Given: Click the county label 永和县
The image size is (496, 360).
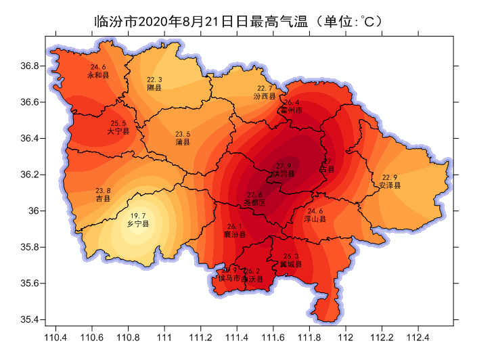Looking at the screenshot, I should point(98,75).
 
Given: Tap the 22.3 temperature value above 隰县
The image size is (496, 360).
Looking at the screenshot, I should point(154,80).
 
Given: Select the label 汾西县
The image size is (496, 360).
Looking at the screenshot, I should point(265,97).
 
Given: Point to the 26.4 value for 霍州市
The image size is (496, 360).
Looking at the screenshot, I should point(291,102).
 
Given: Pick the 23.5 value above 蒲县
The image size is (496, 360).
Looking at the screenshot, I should point(183,134).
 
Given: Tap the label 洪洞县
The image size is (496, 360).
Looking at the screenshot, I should point(284,174).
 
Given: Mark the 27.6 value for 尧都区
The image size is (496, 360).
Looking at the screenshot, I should point(255,195).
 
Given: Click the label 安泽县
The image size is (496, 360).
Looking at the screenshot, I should point(390,185).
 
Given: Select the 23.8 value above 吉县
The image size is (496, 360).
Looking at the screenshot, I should point(103,190).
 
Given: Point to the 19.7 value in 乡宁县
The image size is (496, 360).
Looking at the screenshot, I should point(138,215).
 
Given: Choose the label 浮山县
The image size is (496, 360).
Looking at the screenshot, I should point(315,219).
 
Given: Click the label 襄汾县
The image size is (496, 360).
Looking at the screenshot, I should point(235,234).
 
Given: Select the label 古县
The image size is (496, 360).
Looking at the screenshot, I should point(327,169).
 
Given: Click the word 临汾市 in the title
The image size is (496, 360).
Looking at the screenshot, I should point(114,21).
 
